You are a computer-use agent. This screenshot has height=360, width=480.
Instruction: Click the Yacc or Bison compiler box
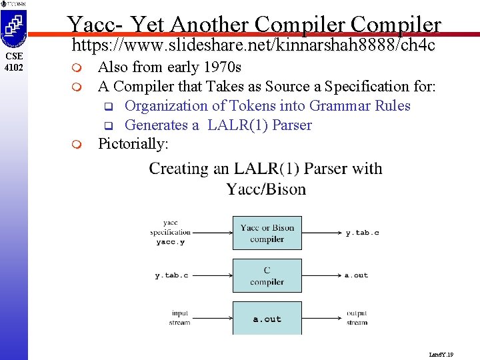click(267, 233)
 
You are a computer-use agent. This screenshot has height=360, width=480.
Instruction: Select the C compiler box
click(267, 276)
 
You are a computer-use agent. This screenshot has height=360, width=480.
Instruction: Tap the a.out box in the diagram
click(267, 319)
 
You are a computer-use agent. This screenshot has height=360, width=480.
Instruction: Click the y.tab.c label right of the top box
click(362, 233)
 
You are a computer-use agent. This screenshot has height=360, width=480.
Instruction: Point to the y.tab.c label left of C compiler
click(171, 275)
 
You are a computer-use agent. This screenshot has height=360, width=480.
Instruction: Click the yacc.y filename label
click(171, 242)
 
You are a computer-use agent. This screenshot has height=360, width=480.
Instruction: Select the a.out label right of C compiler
click(357, 275)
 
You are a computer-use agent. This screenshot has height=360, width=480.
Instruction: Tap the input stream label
click(180, 318)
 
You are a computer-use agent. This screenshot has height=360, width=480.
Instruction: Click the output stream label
click(357, 318)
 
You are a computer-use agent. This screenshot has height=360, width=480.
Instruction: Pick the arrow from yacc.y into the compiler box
click(211, 233)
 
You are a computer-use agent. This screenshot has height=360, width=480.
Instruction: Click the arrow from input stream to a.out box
click(211, 318)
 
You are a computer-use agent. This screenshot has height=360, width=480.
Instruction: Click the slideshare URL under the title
click(253, 45)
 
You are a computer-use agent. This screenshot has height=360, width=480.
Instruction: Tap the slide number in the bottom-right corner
click(441, 355)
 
